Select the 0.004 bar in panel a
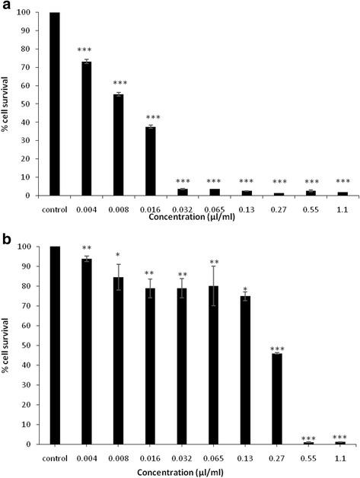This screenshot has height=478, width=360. (x=86, y=129)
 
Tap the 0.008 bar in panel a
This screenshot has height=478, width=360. (x=118, y=145)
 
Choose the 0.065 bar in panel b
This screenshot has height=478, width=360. (x=215, y=365)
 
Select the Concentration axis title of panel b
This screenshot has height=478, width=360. (x=196, y=470)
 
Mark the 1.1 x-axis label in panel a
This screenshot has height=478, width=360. (x=342, y=208)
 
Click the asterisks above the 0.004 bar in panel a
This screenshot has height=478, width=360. (x=86, y=50)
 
